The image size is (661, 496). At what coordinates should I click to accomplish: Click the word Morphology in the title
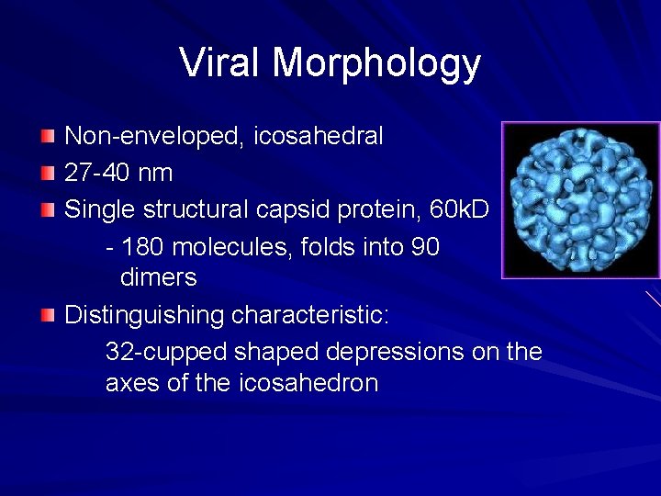[x=376, y=64]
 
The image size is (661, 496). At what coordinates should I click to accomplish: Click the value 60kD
[x=459, y=209]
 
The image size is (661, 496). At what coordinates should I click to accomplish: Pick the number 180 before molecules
[x=143, y=247]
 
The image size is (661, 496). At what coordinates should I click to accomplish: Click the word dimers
[x=158, y=277]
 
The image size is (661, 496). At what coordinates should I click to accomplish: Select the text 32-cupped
[x=166, y=352]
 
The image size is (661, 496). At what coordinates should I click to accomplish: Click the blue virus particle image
[x=579, y=199]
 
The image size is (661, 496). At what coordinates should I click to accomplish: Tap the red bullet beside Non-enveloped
[x=48, y=137]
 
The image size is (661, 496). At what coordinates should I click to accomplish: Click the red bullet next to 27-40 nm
[x=48, y=173]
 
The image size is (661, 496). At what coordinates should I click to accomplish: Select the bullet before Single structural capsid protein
[x=48, y=209]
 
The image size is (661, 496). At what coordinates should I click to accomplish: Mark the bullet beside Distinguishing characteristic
[x=48, y=316]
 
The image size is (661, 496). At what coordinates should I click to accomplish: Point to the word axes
[x=133, y=383]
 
